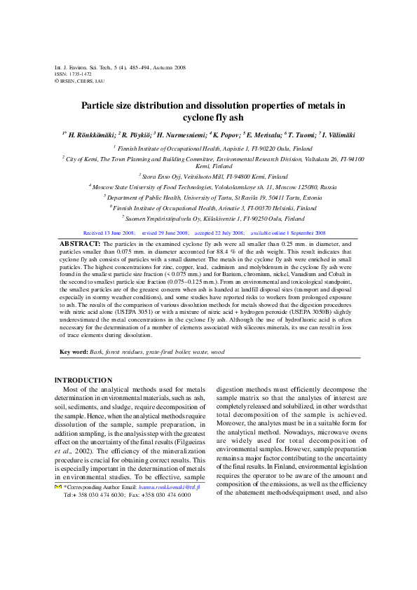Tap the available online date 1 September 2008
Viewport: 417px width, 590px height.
pyautogui.click(x=300, y=212)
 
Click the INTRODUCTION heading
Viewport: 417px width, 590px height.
pyautogui.click(x=83, y=380)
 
